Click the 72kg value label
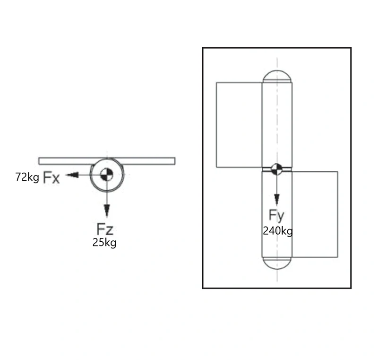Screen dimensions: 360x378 click(27, 177)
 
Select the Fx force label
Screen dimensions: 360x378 click(52, 178)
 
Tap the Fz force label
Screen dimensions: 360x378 click(105, 229)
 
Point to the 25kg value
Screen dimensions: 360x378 click(105, 243)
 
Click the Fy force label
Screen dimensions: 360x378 click(277, 215)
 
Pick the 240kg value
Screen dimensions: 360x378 click(278, 231)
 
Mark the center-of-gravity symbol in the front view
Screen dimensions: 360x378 click(277, 168)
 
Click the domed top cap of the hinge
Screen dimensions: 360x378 click(277, 76)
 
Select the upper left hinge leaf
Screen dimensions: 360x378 click(239, 125)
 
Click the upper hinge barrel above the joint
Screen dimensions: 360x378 click(277, 123)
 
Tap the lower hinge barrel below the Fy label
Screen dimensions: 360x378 click(277, 246)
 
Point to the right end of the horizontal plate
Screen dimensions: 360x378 click(173, 161)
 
